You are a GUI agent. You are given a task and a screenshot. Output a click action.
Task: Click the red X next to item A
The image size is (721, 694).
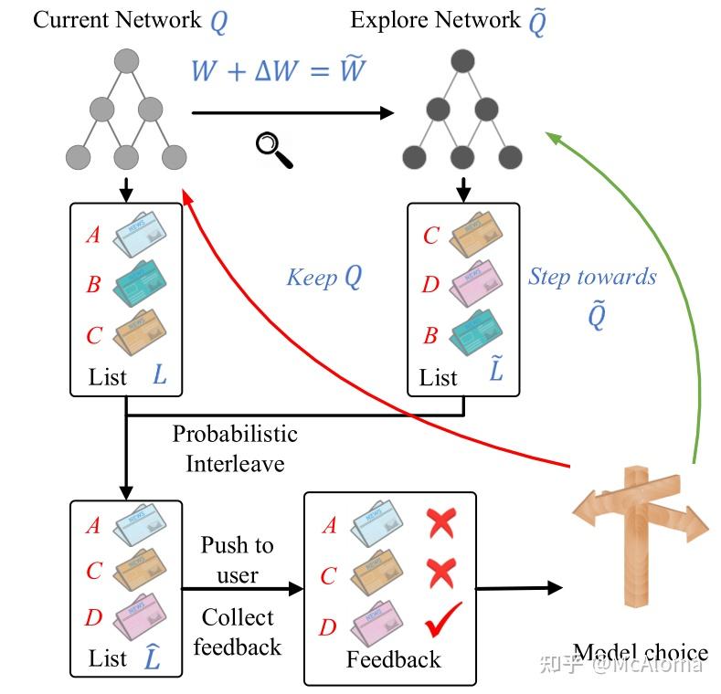click(441, 524)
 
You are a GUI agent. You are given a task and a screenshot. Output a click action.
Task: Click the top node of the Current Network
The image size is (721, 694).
click(126, 62)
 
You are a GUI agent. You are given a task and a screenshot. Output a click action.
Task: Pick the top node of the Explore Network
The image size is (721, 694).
click(463, 62)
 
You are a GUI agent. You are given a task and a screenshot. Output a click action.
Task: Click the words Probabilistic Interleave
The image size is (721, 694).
click(235, 448)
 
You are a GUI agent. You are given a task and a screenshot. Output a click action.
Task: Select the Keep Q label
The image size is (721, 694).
click(323, 277)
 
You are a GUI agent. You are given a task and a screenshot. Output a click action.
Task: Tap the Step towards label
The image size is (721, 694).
click(592, 277)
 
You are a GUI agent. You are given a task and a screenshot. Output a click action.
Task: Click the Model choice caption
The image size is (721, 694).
click(640, 653)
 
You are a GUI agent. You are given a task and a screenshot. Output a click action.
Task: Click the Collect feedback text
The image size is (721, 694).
click(237, 632)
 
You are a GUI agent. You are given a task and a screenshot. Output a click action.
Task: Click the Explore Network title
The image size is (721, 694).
click(448, 20)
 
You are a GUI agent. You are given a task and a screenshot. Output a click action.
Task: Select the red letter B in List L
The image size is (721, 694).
click(93, 284)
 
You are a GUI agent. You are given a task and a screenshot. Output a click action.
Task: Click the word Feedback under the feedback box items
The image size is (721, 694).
click(393, 659)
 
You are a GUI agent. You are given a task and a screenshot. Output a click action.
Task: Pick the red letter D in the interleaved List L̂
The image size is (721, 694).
click(93, 618)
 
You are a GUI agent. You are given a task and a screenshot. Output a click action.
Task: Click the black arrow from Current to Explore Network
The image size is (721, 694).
click(292, 113)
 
